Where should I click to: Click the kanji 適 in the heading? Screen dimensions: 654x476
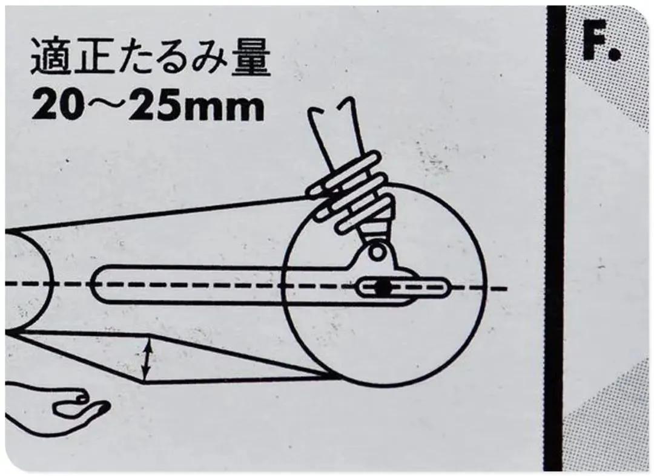click(x=51, y=57)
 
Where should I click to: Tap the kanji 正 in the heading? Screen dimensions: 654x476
click(x=92, y=57)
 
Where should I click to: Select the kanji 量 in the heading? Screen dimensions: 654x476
click(x=251, y=57)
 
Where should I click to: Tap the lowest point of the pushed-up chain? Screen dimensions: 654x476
click(x=144, y=381)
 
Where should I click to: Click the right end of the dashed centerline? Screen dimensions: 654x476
click(x=506, y=288)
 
